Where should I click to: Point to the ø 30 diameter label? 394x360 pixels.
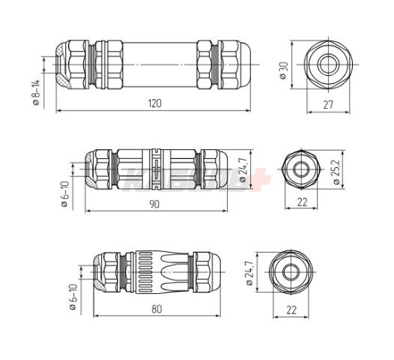[x=283, y=72]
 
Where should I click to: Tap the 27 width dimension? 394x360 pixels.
[x=327, y=106]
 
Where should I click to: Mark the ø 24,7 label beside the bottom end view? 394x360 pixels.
[x=249, y=274]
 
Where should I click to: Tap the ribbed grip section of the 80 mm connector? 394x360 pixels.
[x=150, y=273]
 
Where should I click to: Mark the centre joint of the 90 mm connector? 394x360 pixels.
[x=154, y=169]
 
